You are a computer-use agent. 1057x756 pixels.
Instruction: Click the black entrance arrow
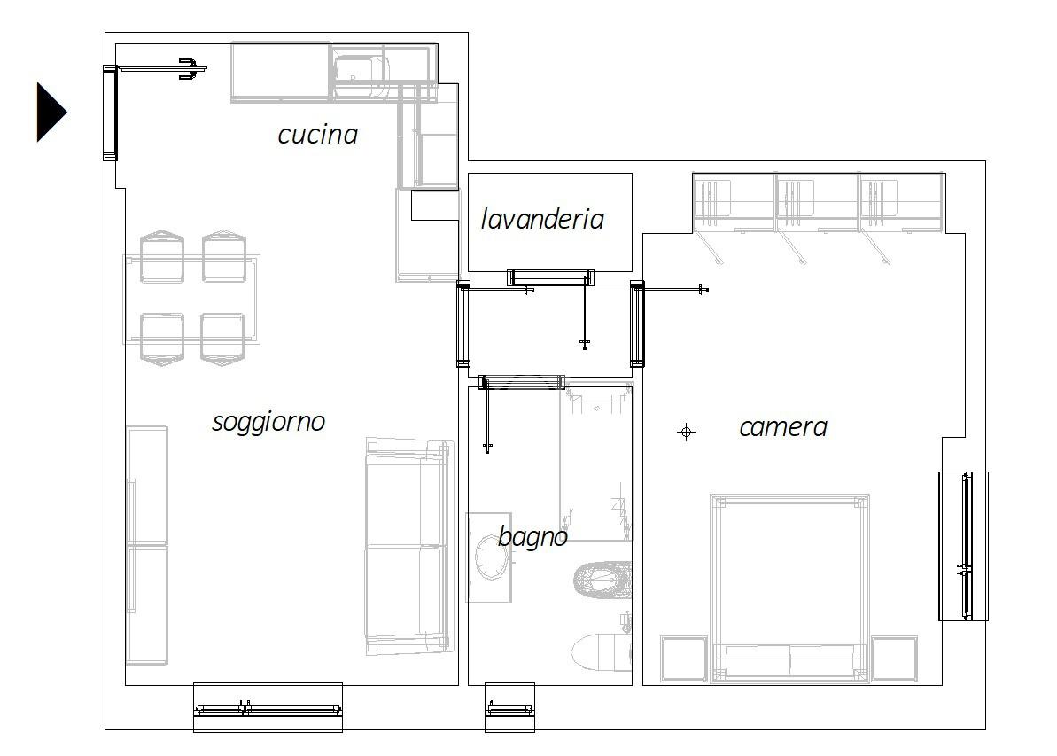click(51, 112)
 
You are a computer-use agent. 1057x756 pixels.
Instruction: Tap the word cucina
click(317, 134)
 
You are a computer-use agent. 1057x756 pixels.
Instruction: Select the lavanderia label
click(542, 219)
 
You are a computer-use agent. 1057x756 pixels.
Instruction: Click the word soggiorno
click(269, 423)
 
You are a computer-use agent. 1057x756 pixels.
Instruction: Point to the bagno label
click(532, 537)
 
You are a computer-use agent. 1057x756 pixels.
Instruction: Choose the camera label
click(783, 427)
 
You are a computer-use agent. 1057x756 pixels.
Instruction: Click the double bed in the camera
click(789, 587)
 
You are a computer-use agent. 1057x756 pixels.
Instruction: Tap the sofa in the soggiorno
click(408, 546)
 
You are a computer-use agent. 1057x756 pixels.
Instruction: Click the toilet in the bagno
click(602, 651)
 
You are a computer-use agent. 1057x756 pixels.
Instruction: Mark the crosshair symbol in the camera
click(687, 432)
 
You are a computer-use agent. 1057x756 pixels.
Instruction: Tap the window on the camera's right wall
click(964, 546)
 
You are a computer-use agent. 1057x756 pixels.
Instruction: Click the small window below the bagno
click(509, 708)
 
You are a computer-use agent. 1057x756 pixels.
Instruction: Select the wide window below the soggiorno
click(268, 708)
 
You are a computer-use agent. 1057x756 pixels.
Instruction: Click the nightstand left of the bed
click(683, 659)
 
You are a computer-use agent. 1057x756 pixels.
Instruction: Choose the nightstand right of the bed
click(895, 659)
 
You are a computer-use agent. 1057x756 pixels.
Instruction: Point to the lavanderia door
click(551, 277)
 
